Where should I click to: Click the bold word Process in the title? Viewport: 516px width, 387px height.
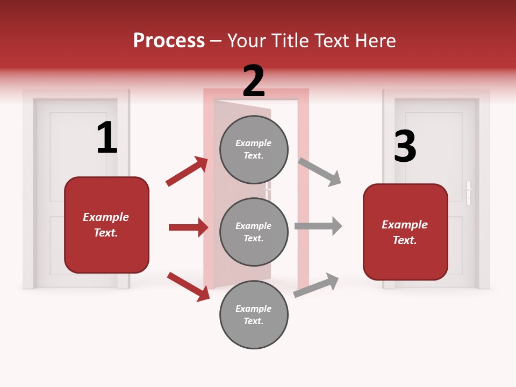[x=169, y=41]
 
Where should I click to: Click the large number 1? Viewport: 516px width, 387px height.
[x=107, y=138]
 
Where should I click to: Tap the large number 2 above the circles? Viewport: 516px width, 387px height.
[x=254, y=81]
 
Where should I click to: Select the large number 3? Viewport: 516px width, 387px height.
[x=405, y=146]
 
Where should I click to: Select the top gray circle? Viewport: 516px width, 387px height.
[x=254, y=149]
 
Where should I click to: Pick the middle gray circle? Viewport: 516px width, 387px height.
[x=254, y=232]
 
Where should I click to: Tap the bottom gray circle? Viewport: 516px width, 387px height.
[x=254, y=315]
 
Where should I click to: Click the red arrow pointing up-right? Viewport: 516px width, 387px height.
[x=187, y=171]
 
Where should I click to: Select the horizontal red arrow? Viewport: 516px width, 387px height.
[x=188, y=227]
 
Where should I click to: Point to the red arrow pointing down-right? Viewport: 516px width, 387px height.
[x=189, y=286]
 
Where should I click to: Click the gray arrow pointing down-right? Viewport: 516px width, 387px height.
[x=320, y=172]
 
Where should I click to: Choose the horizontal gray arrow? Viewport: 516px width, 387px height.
[x=318, y=226]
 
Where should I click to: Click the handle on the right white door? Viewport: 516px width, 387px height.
[x=468, y=193]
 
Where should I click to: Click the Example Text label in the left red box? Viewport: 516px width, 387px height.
[x=106, y=225]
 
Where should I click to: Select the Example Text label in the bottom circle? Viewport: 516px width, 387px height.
[x=254, y=315]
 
